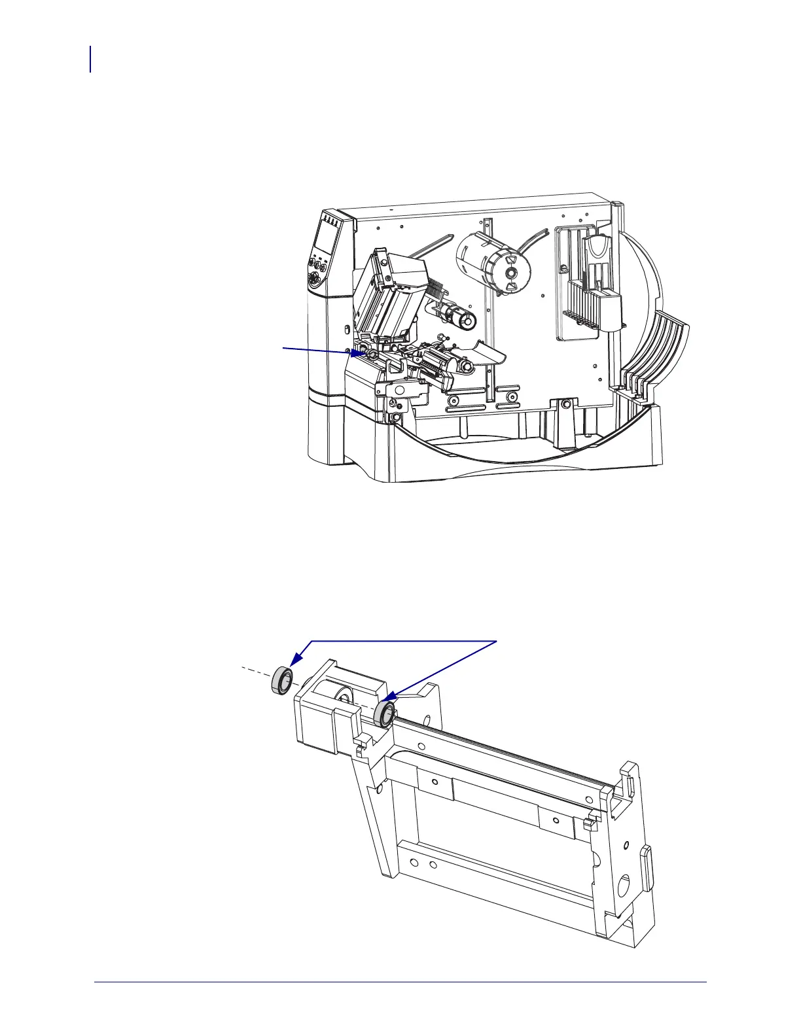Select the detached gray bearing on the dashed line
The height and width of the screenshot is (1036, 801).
(x=281, y=681)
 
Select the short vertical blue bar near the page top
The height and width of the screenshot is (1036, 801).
(x=90, y=59)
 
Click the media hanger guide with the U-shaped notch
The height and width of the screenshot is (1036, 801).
(x=597, y=262)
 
